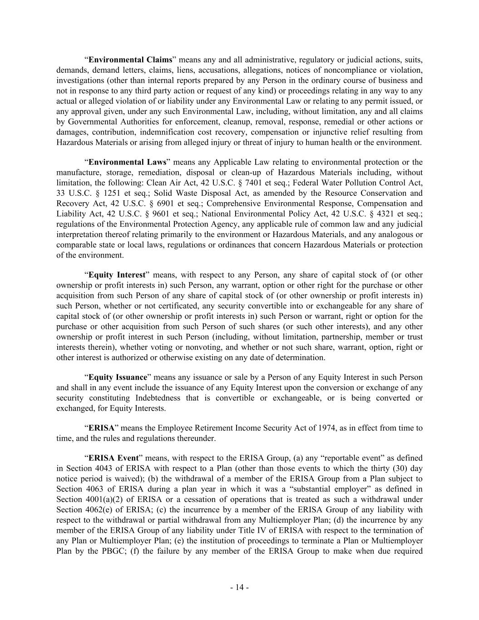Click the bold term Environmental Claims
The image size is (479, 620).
pos(130,60)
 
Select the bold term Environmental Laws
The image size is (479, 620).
pos(127,162)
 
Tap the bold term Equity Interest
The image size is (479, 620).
pos(117,275)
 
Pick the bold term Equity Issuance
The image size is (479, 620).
pos(118,377)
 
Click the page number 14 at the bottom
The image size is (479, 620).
pos(239,587)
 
